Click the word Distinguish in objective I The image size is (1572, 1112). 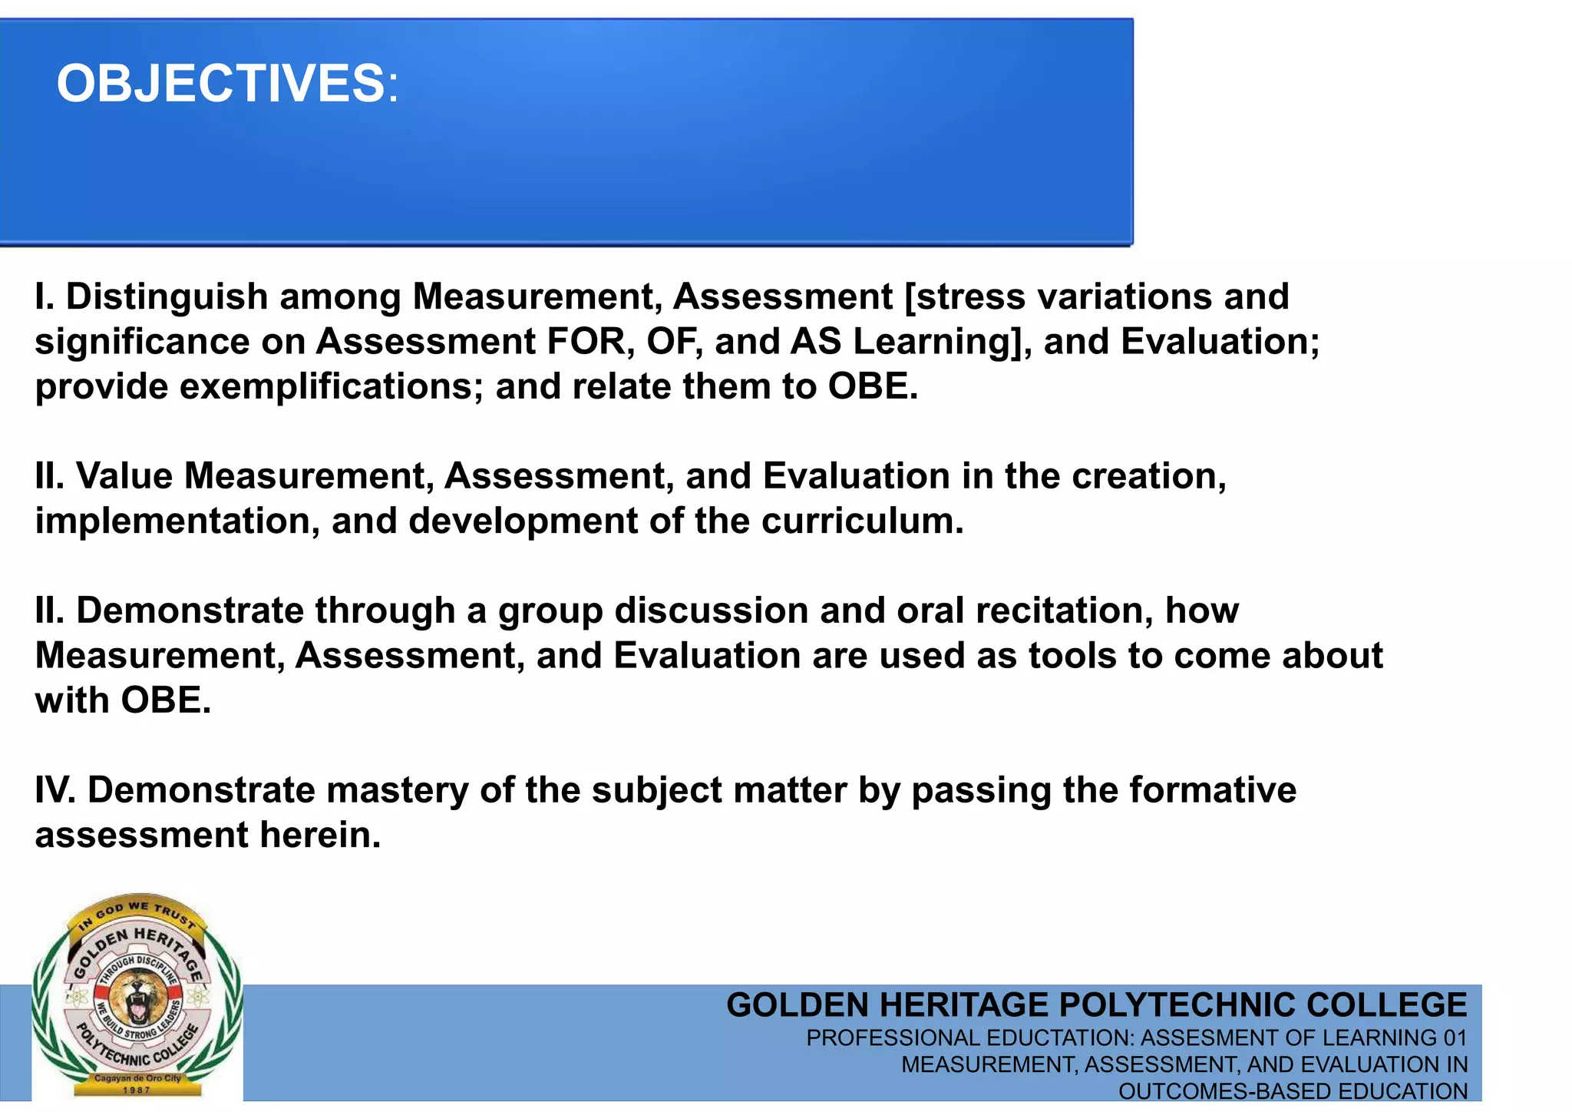(167, 297)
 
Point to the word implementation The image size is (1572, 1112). (177, 521)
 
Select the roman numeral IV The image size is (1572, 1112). (54, 791)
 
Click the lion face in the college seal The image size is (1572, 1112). (137, 995)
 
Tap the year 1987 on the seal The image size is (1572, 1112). (137, 1090)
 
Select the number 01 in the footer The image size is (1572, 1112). (1455, 1038)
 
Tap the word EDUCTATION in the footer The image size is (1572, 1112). (1060, 1038)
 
